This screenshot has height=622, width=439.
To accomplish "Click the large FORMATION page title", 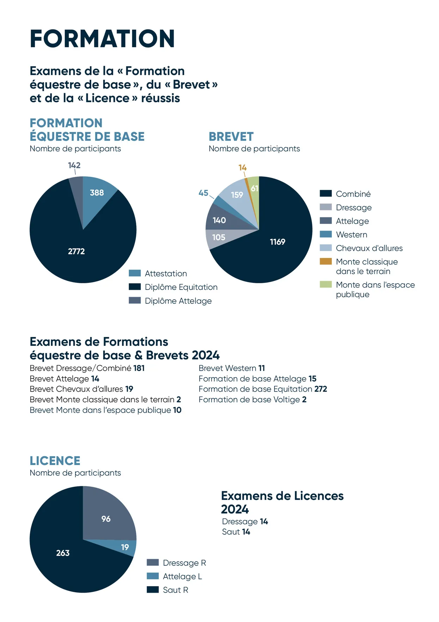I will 102,38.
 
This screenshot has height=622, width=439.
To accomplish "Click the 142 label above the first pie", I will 74,165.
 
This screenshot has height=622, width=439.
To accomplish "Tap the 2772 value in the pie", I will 76,251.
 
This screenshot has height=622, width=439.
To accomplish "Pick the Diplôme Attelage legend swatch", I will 135,300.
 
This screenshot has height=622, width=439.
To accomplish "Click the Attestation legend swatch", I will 135,273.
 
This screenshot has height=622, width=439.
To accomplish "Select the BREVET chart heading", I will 231,137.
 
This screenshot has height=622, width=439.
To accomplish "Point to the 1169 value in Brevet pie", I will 278,242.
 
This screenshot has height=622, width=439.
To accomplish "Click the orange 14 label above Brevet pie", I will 242,167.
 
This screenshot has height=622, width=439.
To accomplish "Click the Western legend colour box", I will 326,234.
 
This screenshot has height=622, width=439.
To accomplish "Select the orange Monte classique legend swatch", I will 326,261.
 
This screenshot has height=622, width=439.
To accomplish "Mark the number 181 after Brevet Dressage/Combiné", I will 139,368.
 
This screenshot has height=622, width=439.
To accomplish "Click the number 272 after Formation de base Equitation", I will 321,389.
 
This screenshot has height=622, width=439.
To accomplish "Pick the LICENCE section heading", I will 55,461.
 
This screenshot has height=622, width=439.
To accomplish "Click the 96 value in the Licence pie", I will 106,519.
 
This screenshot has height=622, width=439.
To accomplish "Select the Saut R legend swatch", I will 153,590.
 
